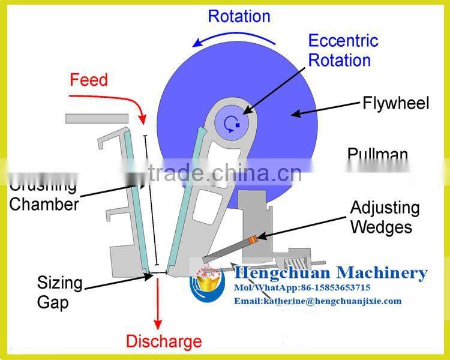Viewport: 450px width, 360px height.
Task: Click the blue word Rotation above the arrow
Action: [239, 15]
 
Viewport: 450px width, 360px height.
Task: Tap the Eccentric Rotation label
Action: [343, 50]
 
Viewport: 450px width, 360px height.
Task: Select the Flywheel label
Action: [395, 103]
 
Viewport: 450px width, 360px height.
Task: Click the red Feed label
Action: [89, 79]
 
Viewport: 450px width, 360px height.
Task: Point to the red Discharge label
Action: [163, 342]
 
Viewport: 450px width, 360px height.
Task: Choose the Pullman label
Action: [377, 154]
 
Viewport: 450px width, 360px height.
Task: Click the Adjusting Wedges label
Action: [385, 217]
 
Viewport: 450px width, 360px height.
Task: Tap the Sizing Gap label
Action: [59, 292]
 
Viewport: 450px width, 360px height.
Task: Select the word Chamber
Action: [44, 204]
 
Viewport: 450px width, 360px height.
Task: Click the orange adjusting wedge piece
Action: [253, 240]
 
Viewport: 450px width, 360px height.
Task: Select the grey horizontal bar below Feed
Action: [95, 119]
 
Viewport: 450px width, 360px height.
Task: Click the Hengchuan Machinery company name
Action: [330, 273]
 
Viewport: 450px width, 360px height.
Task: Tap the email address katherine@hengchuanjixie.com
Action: [317, 301]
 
